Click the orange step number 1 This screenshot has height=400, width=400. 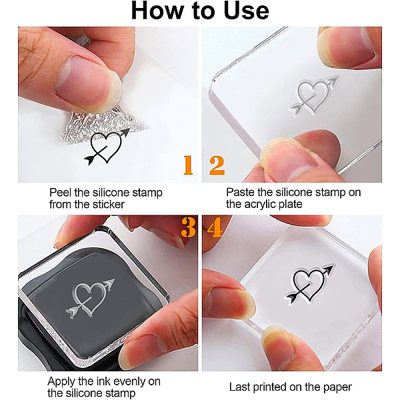click(188, 165)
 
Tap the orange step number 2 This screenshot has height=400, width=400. click(217, 165)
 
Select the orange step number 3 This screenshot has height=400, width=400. click(188, 227)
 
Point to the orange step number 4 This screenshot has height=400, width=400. click(215, 227)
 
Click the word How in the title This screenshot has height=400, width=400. click(157, 11)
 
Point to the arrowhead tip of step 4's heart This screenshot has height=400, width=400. click(333, 265)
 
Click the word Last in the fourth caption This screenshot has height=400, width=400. click(239, 387)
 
